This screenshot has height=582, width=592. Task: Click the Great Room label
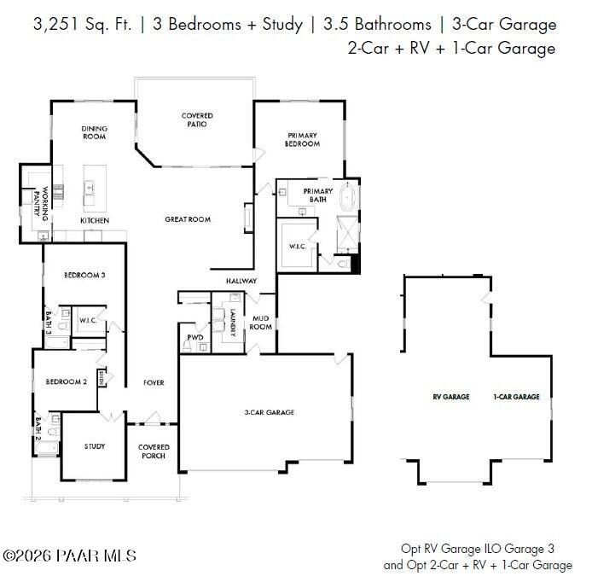coord(188,219)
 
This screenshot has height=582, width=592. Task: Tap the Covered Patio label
coord(197,119)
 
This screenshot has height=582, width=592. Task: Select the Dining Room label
coord(95,132)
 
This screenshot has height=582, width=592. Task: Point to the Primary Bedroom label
coord(303,139)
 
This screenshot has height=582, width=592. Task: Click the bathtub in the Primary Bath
coord(348,197)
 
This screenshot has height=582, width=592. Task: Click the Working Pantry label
coord(41,203)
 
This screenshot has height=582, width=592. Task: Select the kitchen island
coord(95,189)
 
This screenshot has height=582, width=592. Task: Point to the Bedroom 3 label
coord(84,276)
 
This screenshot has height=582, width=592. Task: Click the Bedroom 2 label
coord(67,381)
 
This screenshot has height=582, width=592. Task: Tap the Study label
coord(95,446)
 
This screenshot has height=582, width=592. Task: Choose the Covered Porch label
coord(154,451)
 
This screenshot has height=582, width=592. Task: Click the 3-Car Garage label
coord(270,412)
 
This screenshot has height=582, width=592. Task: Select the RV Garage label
coord(451,397)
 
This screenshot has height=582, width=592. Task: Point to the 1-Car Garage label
coord(516,397)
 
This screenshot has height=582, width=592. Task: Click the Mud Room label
coord(260,323)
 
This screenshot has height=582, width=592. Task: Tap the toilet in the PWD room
coord(187,346)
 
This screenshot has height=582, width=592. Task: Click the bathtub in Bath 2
coord(47,448)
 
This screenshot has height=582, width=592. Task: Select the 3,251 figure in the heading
coord(56,25)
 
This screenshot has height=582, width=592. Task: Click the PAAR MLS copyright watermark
coord(69,556)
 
